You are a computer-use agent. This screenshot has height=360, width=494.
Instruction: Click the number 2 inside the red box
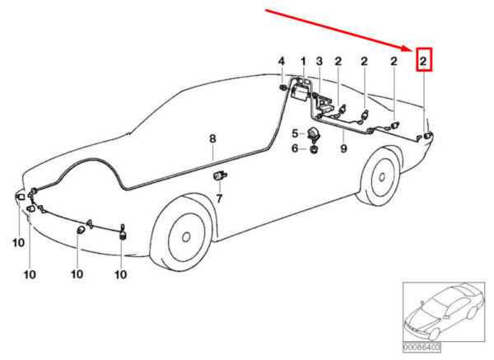coord(423,61)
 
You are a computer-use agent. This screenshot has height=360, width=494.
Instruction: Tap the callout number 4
coord(282,61)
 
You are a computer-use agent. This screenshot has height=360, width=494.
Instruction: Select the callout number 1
coord(303,61)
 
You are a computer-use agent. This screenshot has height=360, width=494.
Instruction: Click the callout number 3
coord(319,61)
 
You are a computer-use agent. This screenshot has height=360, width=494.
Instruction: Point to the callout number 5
coord(295,133)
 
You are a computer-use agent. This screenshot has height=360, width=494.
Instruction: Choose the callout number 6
coord(295,147)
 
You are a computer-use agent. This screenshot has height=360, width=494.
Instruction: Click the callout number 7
coord(219,199)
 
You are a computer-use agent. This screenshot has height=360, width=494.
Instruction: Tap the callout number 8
coord(212,138)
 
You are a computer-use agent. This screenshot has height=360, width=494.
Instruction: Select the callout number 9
coord(343,147)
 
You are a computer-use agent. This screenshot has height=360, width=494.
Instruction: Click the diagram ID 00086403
coord(422,348)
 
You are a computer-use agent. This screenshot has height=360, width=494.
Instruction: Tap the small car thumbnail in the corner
coord(444,311)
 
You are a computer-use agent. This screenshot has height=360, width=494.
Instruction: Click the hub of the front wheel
coord(186,236)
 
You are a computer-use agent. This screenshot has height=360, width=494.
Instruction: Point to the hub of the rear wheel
coord(382,177)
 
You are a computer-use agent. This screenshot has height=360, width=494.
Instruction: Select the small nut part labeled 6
coord(314,149)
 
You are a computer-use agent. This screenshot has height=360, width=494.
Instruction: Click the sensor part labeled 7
coord(220,175)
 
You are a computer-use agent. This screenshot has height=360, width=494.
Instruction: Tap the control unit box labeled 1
coord(301,91)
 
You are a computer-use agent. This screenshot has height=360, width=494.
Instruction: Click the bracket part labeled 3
coord(324,104)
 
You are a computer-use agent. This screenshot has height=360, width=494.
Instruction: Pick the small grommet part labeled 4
coord(282,87)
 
